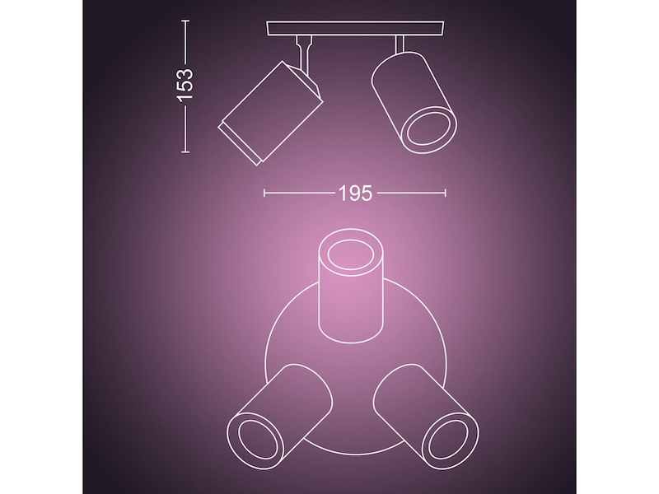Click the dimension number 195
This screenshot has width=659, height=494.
[x=354, y=193]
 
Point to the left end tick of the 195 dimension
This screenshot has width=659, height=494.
[x=264, y=193]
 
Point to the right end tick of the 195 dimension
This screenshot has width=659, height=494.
[x=446, y=193]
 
